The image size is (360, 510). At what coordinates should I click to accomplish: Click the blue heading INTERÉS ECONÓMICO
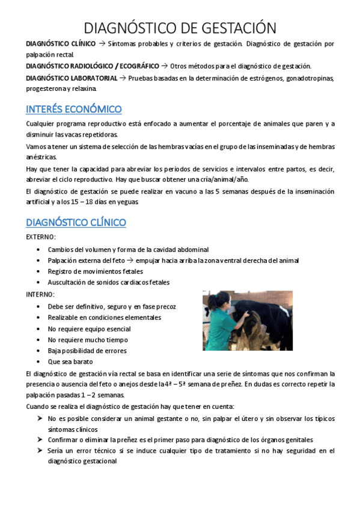[74, 109]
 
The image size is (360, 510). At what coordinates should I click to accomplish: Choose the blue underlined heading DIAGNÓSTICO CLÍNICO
[76, 223]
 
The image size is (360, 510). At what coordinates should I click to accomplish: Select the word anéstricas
[40, 157]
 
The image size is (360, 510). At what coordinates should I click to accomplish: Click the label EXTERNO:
[40, 237]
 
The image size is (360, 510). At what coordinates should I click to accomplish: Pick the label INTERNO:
[40, 294]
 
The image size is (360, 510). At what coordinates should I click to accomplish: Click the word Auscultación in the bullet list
[70, 282]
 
